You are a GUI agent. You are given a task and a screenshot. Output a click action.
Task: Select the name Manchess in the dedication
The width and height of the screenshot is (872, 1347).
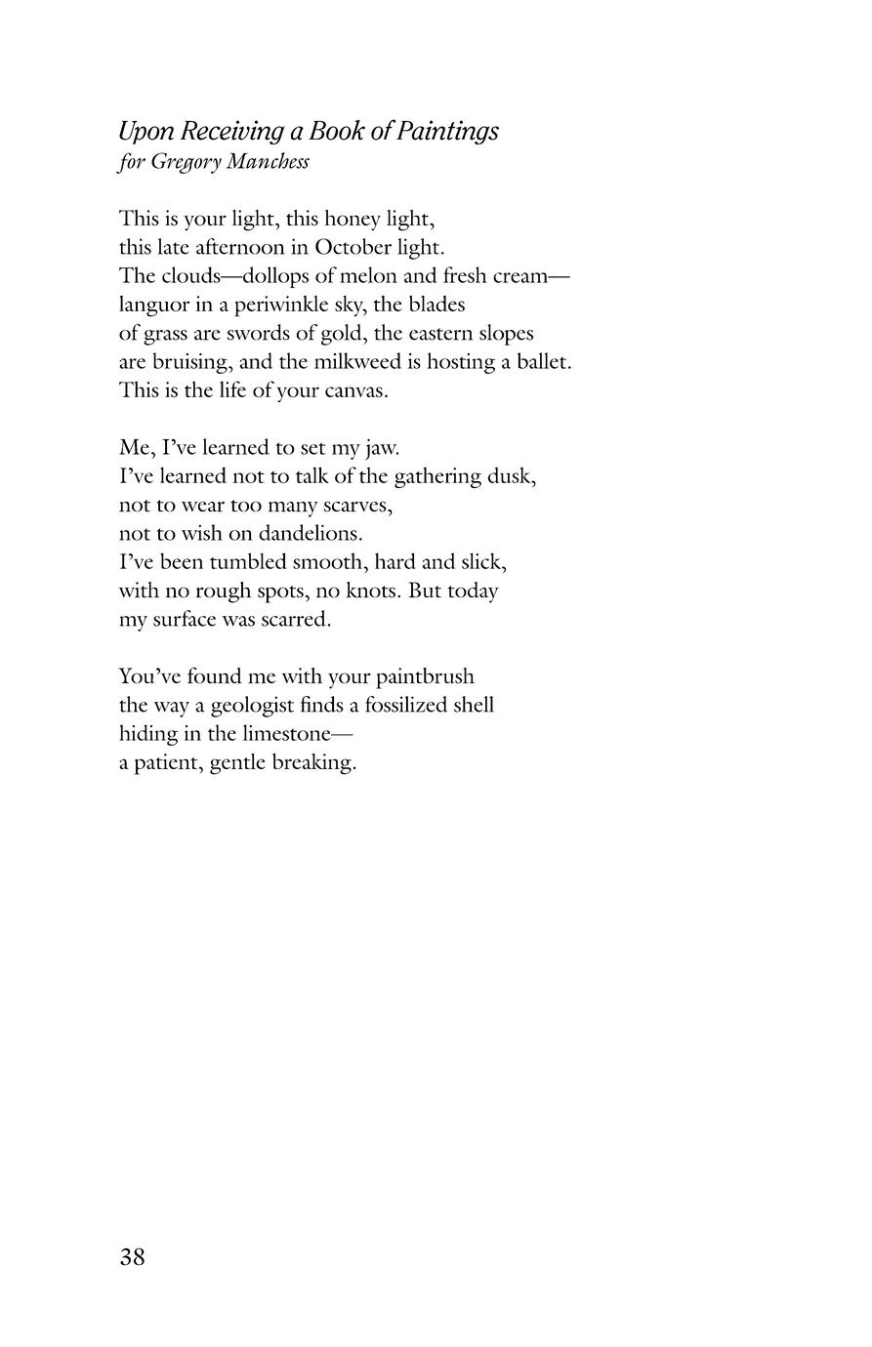[268, 162]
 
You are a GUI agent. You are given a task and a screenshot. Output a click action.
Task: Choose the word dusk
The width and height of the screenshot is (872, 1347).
[515, 476]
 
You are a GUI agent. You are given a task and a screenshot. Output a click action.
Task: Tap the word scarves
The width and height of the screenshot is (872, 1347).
[357, 506]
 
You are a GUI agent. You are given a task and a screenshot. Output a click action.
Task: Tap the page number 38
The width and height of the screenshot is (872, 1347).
[132, 1257]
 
